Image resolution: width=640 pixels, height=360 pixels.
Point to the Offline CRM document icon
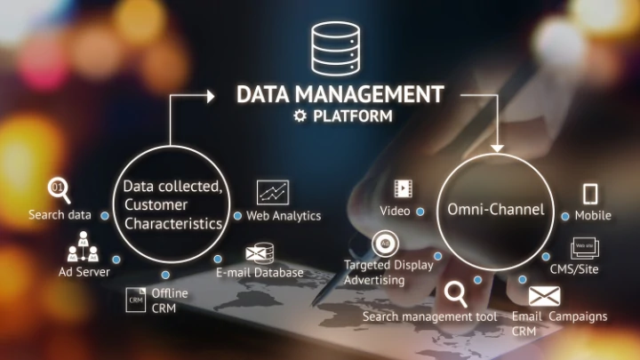coord(136,299)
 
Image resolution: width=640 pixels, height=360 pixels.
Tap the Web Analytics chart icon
coord(273,191)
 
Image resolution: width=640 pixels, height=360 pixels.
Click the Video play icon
coord(404,188)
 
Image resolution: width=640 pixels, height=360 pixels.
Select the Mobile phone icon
coord(591,194)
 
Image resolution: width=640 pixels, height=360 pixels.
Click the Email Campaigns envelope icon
coord(543,296)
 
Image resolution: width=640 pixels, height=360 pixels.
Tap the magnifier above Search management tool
coord(457,293)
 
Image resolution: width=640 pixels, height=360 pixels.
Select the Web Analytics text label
coord(284,216)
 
